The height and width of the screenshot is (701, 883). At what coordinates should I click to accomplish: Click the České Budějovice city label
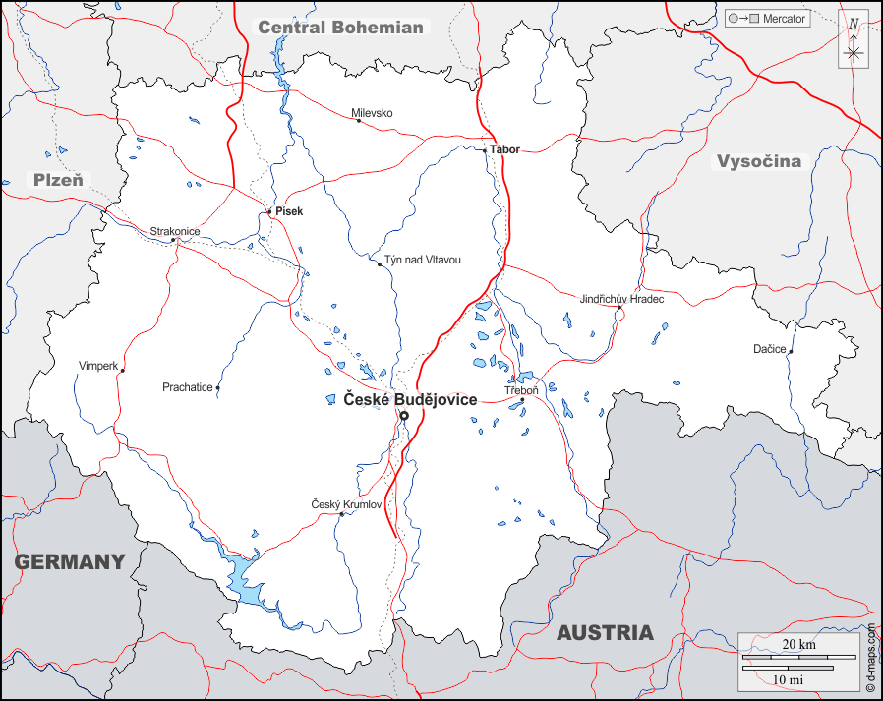coord(410,399)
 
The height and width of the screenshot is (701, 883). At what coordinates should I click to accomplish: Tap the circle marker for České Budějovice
coord(403,416)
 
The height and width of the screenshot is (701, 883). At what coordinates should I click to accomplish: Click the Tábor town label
coord(504,149)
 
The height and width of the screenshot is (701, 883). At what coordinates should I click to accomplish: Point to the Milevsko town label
coord(372,113)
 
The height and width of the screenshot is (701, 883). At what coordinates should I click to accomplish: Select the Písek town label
coord(289,211)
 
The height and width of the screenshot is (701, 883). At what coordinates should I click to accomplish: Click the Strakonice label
coord(174,231)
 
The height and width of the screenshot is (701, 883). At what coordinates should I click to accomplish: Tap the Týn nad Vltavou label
coord(422,260)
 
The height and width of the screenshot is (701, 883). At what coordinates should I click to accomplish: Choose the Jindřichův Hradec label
coord(621,298)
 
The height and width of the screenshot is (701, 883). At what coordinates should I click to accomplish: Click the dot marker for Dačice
coord(791,350)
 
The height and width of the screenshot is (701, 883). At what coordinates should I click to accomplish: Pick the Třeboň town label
coord(522,389)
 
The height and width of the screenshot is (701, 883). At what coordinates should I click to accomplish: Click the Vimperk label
coord(97,366)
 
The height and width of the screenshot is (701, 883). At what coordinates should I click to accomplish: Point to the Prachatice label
coord(187,387)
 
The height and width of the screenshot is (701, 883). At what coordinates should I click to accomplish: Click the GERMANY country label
coord(70,562)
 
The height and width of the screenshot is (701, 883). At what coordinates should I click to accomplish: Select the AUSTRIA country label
coord(605,633)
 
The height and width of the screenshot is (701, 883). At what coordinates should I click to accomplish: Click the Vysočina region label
coord(758,161)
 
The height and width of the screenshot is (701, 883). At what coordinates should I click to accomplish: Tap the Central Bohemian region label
coord(340,28)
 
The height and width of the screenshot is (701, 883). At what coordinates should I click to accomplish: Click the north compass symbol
coord(853,40)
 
